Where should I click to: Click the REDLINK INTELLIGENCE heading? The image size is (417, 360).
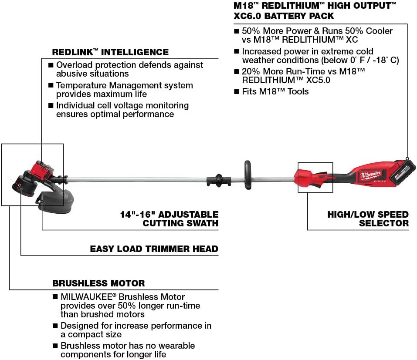click(x=110, y=52)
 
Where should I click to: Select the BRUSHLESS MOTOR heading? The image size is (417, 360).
click(x=98, y=283)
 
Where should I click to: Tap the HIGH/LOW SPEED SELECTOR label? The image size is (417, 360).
click(x=368, y=219)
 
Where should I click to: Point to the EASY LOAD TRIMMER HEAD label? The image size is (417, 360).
click(x=154, y=249)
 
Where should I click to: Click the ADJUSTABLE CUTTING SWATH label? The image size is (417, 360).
click(x=170, y=219)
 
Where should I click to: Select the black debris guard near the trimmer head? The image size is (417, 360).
click(x=54, y=199)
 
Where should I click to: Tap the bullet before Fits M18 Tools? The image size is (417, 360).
click(x=237, y=92)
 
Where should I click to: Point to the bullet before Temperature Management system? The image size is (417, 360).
click(x=51, y=86)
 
